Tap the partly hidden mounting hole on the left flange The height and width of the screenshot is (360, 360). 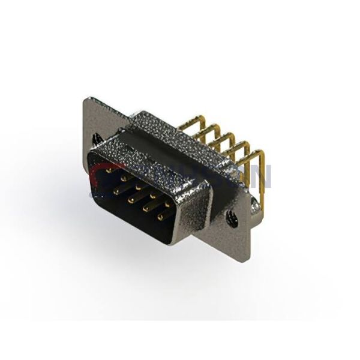click(96, 139)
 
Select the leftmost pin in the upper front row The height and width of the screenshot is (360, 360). click(109, 170)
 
